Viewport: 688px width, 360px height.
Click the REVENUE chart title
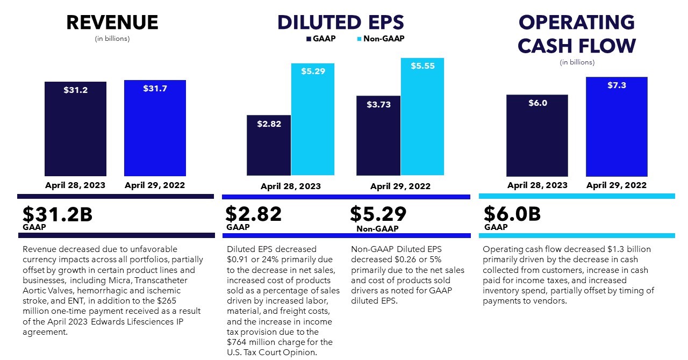click(112, 23)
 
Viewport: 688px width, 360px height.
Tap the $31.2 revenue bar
click(75, 129)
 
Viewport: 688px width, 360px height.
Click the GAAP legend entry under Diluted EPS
click(321, 39)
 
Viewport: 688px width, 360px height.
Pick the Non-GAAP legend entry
click(380, 39)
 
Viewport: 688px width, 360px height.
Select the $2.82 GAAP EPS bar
click(269, 145)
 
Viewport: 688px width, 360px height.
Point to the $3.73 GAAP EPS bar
click(378, 135)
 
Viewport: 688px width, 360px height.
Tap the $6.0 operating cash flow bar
click(537, 135)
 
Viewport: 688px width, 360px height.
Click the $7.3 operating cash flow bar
click(616, 127)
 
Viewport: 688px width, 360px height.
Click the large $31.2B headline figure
click(58, 214)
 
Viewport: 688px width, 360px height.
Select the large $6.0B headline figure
click(512, 214)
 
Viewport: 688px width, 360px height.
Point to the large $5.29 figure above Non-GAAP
click(378, 214)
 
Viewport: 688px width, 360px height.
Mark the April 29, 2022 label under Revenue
click(155, 185)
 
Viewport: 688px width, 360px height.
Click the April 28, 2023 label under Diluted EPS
click(290, 186)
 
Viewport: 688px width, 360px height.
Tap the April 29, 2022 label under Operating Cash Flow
click(616, 185)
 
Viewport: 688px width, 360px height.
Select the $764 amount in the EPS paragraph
click(238, 342)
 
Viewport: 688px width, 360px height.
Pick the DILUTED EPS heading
click(340, 23)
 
